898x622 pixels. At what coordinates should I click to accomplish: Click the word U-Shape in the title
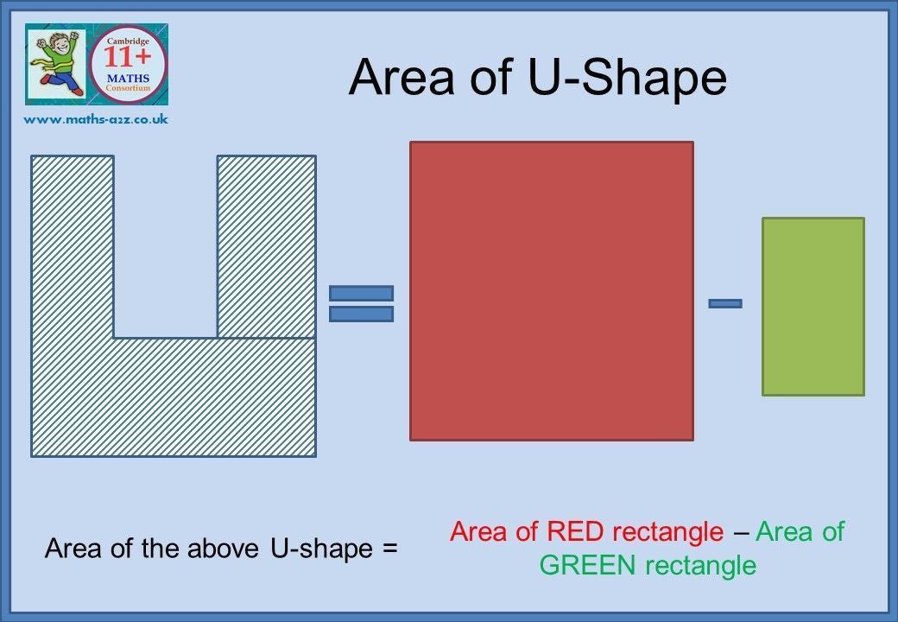627,78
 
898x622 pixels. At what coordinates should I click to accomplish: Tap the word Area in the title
402,78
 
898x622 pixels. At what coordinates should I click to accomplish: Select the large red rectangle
552,291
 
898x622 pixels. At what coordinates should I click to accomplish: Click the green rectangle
813,307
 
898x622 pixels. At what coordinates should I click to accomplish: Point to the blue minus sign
725,303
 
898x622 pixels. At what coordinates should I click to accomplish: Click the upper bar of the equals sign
362,293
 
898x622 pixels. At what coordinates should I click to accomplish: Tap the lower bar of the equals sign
362,314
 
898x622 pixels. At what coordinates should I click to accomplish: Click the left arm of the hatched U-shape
73,246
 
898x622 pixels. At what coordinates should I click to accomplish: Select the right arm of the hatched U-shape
266,246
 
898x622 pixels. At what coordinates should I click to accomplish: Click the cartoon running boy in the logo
56,64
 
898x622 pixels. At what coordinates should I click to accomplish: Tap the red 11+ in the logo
127,58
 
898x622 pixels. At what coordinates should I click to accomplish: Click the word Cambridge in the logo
128,41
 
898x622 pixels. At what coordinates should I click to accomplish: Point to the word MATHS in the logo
128,78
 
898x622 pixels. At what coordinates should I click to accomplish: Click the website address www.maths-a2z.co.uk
96,120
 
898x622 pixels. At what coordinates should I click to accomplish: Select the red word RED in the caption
575,531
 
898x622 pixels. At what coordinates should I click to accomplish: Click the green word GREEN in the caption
588,565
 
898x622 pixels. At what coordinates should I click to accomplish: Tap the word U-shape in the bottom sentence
321,548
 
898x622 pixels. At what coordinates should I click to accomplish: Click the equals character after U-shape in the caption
389,549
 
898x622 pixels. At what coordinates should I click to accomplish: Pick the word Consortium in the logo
128,88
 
